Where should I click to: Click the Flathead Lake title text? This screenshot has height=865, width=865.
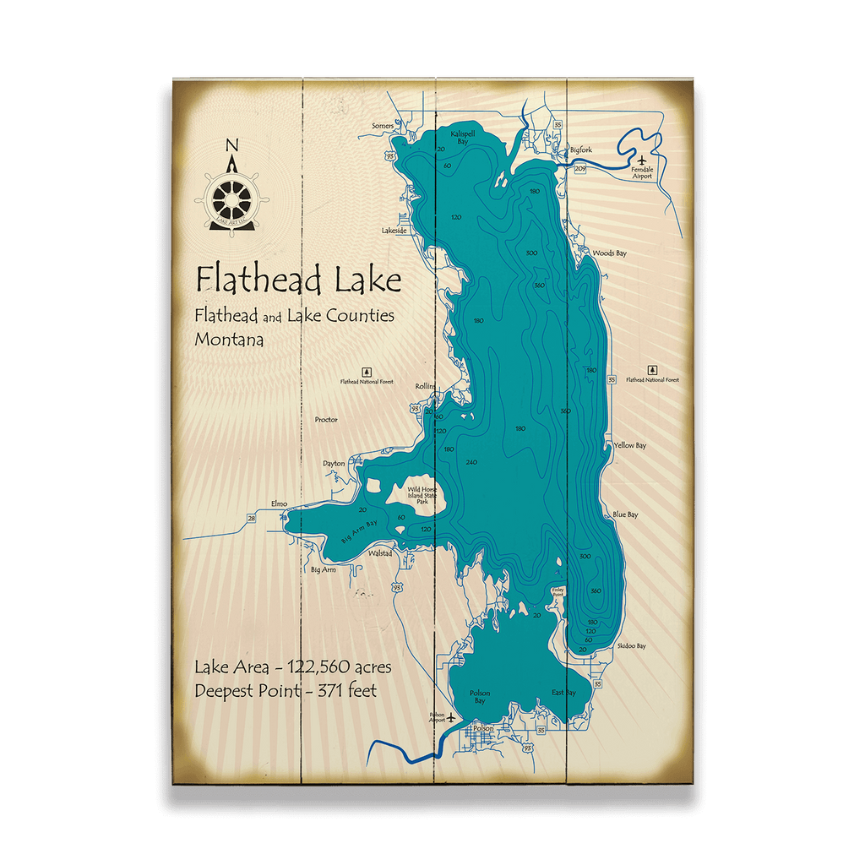(298, 279)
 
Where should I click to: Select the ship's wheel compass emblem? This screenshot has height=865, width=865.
(231, 199)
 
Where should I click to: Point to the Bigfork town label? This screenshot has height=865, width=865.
(581, 150)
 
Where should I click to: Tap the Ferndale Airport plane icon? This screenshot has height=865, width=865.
(642, 160)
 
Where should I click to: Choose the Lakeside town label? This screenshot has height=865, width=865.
(394, 230)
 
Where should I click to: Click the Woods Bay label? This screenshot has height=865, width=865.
(609, 253)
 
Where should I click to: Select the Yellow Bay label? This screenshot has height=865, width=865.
(629, 445)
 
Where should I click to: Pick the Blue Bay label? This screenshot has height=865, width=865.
(625, 514)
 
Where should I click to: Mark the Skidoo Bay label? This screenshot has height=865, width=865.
(631, 645)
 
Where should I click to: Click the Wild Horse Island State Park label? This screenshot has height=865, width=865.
(423, 496)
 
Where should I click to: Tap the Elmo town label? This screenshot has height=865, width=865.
(279, 503)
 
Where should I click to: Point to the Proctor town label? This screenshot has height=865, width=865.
(326, 419)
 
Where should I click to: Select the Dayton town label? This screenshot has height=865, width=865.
(334, 463)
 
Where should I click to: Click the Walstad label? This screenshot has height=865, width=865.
(380, 553)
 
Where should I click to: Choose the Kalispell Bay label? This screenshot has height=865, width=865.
(463, 138)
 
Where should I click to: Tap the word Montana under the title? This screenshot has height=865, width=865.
(228, 340)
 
